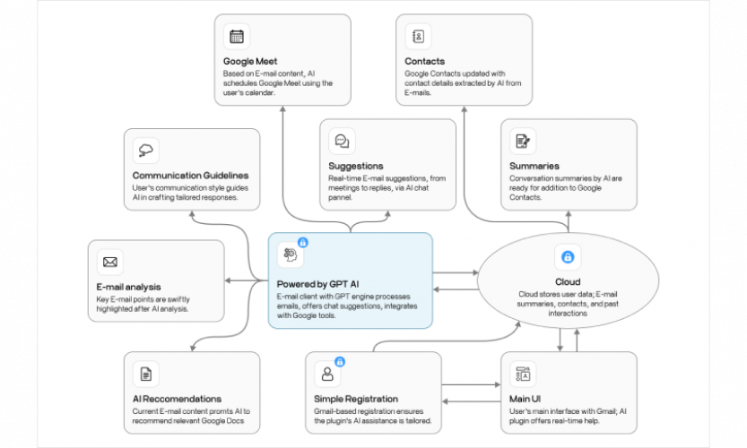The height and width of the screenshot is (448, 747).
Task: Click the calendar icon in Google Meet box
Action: tap(237, 37)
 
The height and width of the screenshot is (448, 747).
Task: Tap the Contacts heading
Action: tap(424, 61)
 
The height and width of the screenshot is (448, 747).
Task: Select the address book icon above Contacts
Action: tap(418, 37)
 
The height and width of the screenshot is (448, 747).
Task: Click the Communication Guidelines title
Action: tap(190, 176)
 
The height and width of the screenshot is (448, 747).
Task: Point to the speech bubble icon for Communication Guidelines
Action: tap(146, 151)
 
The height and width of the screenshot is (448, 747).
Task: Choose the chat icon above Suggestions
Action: tap(342, 141)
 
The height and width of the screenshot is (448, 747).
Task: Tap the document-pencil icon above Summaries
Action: tap(522, 141)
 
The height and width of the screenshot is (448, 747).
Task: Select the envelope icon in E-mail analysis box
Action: tap(110, 263)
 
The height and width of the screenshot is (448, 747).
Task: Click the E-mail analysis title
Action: tap(129, 288)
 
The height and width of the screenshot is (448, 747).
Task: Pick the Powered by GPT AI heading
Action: tap(325, 284)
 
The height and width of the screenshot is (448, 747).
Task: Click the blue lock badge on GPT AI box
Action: tap(302, 242)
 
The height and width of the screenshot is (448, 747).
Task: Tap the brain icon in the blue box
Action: tap(290, 254)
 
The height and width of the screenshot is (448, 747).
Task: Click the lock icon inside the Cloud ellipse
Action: tap(567, 257)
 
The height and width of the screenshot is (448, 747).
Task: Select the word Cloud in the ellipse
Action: tap(567, 281)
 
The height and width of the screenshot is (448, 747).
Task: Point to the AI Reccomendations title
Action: tap(177, 399)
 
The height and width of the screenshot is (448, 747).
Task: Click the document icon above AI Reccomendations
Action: tap(145, 374)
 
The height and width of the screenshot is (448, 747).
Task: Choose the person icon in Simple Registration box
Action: tap(327, 374)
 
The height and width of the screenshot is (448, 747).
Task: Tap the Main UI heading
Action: tap(527, 399)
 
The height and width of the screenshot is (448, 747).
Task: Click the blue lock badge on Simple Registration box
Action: tap(340, 361)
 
